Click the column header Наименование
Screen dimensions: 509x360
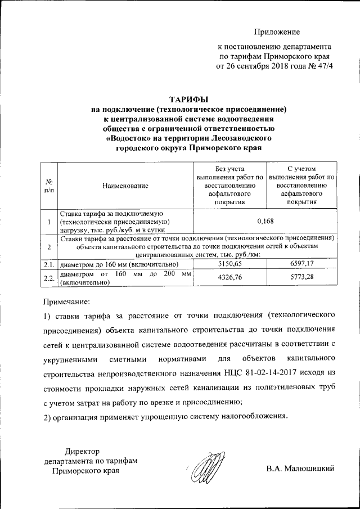click(125, 185)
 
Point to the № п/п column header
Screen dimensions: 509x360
click(49, 186)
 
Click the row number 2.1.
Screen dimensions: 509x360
click(49, 264)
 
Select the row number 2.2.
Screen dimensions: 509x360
click(49, 278)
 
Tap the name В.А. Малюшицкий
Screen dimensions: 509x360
click(300, 469)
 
